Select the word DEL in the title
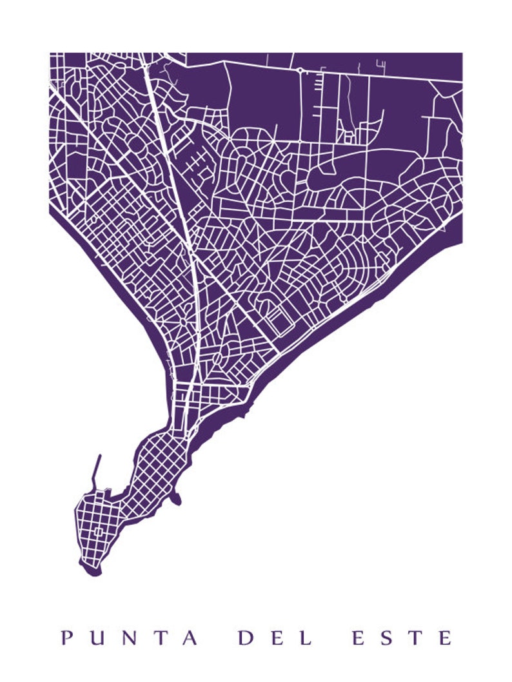coord(275,639)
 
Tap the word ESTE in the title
coord(402,639)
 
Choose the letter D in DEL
coord(246,639)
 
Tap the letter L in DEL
coord(306,639)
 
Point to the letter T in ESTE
coord(416,639)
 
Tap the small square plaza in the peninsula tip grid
coord(98,532)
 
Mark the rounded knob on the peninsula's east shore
coord(176,498)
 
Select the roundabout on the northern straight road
coord(300,70)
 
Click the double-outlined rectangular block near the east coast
coord(279,320)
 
